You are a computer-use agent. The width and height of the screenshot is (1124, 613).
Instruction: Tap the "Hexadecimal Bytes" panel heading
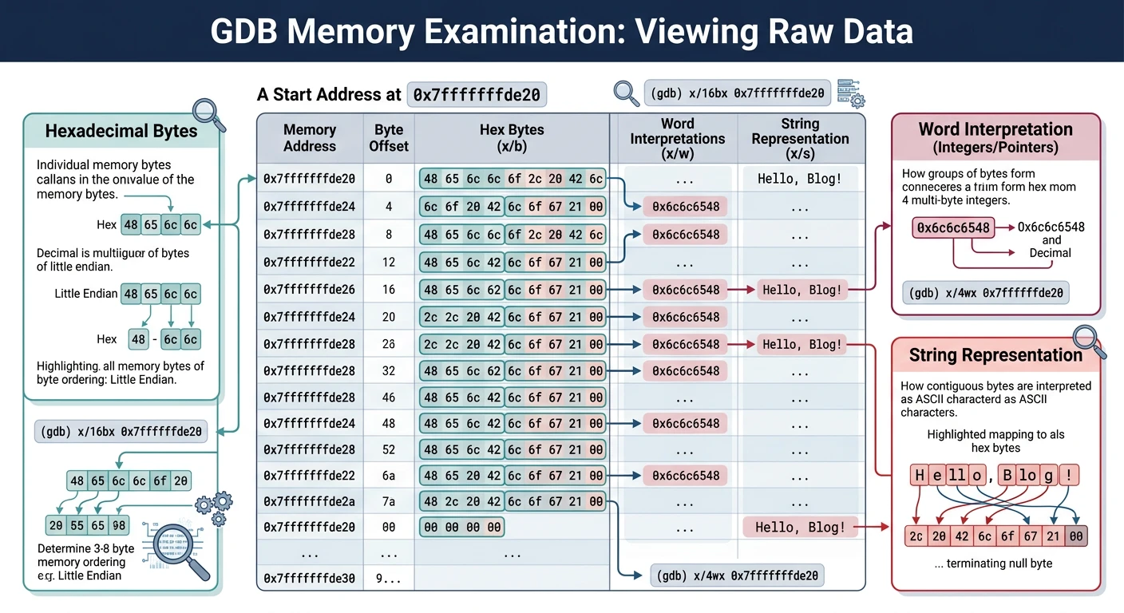121,131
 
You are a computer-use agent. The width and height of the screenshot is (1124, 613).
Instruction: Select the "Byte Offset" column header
389,138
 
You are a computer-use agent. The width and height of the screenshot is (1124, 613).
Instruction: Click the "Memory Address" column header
310,138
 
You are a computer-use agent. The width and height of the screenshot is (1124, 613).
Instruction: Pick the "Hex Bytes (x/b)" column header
511,138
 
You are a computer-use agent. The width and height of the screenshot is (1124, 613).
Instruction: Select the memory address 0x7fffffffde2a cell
310,502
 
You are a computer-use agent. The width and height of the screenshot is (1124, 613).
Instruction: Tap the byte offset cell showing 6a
389,476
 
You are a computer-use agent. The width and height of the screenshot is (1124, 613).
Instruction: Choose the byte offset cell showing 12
389,262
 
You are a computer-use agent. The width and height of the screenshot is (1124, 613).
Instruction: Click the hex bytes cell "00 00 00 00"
462,528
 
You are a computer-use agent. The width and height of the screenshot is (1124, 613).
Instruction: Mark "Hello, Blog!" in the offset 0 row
799,179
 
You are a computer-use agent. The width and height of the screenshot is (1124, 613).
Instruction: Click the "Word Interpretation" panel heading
995,129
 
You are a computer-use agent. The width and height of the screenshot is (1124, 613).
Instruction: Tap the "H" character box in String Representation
920,476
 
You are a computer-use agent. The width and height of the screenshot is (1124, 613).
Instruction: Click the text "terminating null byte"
998,564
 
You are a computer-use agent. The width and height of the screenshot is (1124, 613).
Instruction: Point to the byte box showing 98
119,525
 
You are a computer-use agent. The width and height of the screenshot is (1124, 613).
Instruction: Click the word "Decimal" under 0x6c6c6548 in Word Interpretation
1050,253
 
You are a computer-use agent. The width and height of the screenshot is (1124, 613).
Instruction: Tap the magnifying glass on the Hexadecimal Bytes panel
209,114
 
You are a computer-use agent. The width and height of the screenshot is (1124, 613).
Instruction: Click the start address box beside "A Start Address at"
477,95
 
